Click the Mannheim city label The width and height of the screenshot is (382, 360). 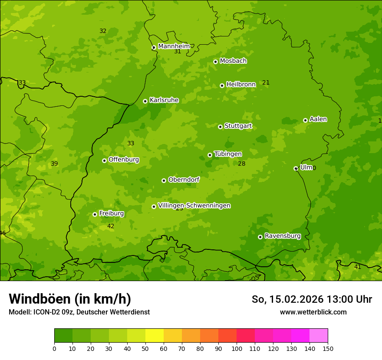[x=174, y=46]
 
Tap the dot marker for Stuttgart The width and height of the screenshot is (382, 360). [x=220, y=127]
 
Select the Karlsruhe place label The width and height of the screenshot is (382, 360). [x=164, y=100]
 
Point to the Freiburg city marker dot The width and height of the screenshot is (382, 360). [x=95, y=214]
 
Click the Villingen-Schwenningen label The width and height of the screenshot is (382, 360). [x=194, y=205]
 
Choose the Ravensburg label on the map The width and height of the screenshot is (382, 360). [x=282, y=236]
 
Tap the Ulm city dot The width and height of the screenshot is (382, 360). [x=296, y=168]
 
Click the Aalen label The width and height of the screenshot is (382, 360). [x=318, y=119]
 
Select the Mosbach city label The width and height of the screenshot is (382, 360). [x=233, y=61]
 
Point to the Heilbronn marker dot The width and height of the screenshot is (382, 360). [x=222, y=85]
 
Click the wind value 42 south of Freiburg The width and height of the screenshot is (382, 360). [x=111, y=226]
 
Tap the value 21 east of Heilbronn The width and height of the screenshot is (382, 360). [x=266, y=82]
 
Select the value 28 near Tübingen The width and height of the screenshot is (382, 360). [x=242, y=164]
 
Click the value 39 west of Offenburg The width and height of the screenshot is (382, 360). [x=54, y=164]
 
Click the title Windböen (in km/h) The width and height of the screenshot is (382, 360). [x=70, y=299]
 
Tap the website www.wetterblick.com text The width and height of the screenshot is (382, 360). [x=313, y=312]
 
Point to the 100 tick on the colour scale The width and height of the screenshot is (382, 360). [x=237, y=348]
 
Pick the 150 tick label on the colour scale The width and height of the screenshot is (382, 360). [x=328, y=348]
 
